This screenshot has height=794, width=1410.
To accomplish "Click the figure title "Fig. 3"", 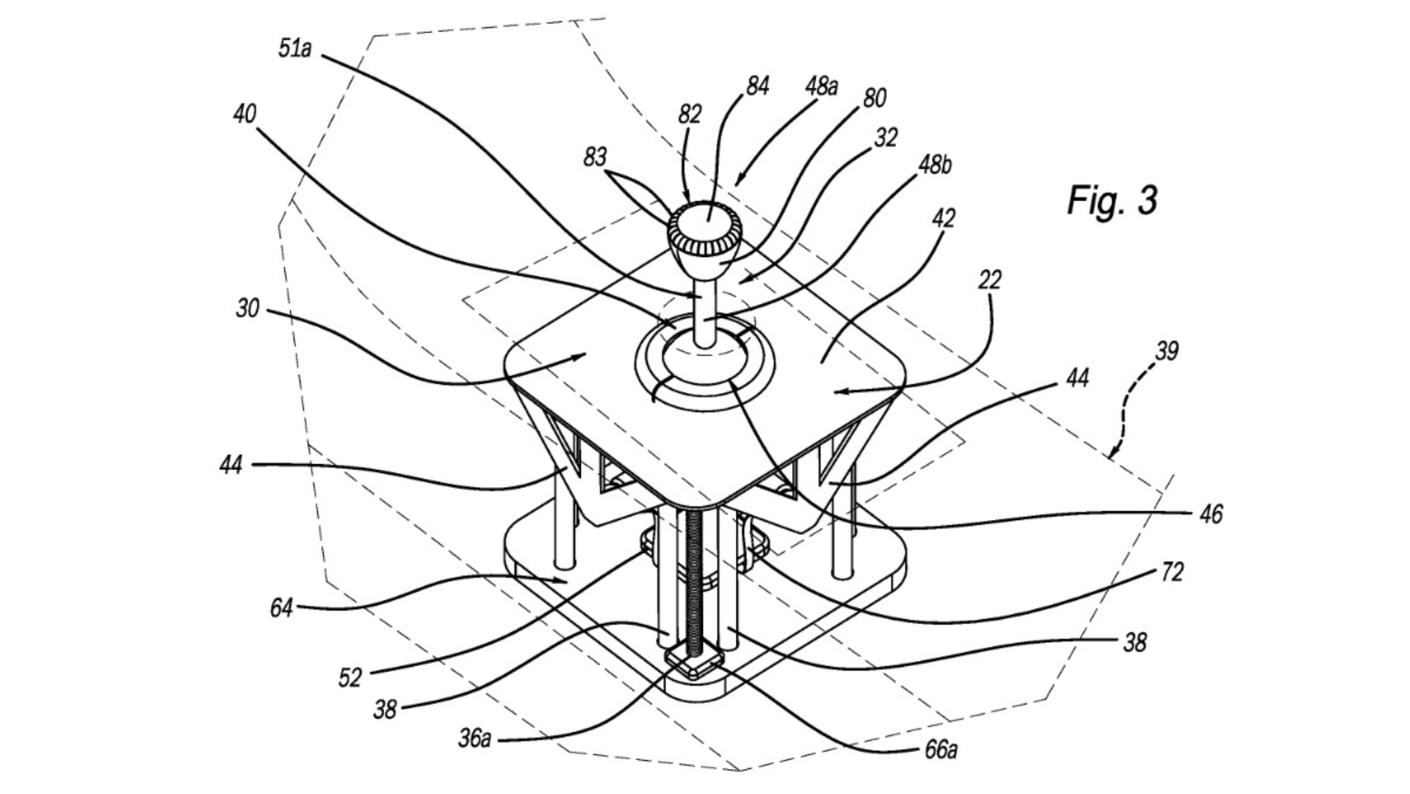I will (1112, 200).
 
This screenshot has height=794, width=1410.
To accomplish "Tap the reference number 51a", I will (295, 50).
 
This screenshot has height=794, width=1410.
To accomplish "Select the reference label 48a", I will (821, 87).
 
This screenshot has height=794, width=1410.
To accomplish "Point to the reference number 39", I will (1166, 351).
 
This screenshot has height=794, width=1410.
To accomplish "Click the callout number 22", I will (989, 280).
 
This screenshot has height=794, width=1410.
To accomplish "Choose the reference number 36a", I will (474, 738).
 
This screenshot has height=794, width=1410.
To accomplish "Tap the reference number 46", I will (1211, 514).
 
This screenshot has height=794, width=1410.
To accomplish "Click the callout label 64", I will (281, 608).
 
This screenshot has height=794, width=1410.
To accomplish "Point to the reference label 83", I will (595, 157).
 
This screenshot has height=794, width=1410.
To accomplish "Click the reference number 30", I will (247, 308).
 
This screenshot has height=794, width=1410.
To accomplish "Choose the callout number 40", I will (245, 114).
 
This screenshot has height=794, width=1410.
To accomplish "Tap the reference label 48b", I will (934, 165).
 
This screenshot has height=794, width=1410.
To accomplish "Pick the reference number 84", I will (756, 87).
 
